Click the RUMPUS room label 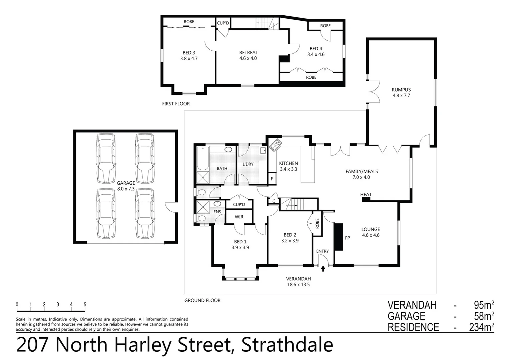coord(401,90)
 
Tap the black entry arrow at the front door coord(323,268)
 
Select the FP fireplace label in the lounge coord(347,238)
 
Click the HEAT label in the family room coord(366,194)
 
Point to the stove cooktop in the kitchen coord(276,145)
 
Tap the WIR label coord(239,217)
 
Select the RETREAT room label coord(248,52)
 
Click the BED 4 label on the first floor coord(316,49)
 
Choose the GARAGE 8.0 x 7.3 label coord(126,186)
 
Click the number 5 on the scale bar coord(85,304)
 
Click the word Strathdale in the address coord(287,345)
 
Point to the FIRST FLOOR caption coord(176,104)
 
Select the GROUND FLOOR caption coord(202,300)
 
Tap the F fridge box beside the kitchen coord(272,179)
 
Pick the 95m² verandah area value coord(484,305)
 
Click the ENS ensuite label coord(217,212)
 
